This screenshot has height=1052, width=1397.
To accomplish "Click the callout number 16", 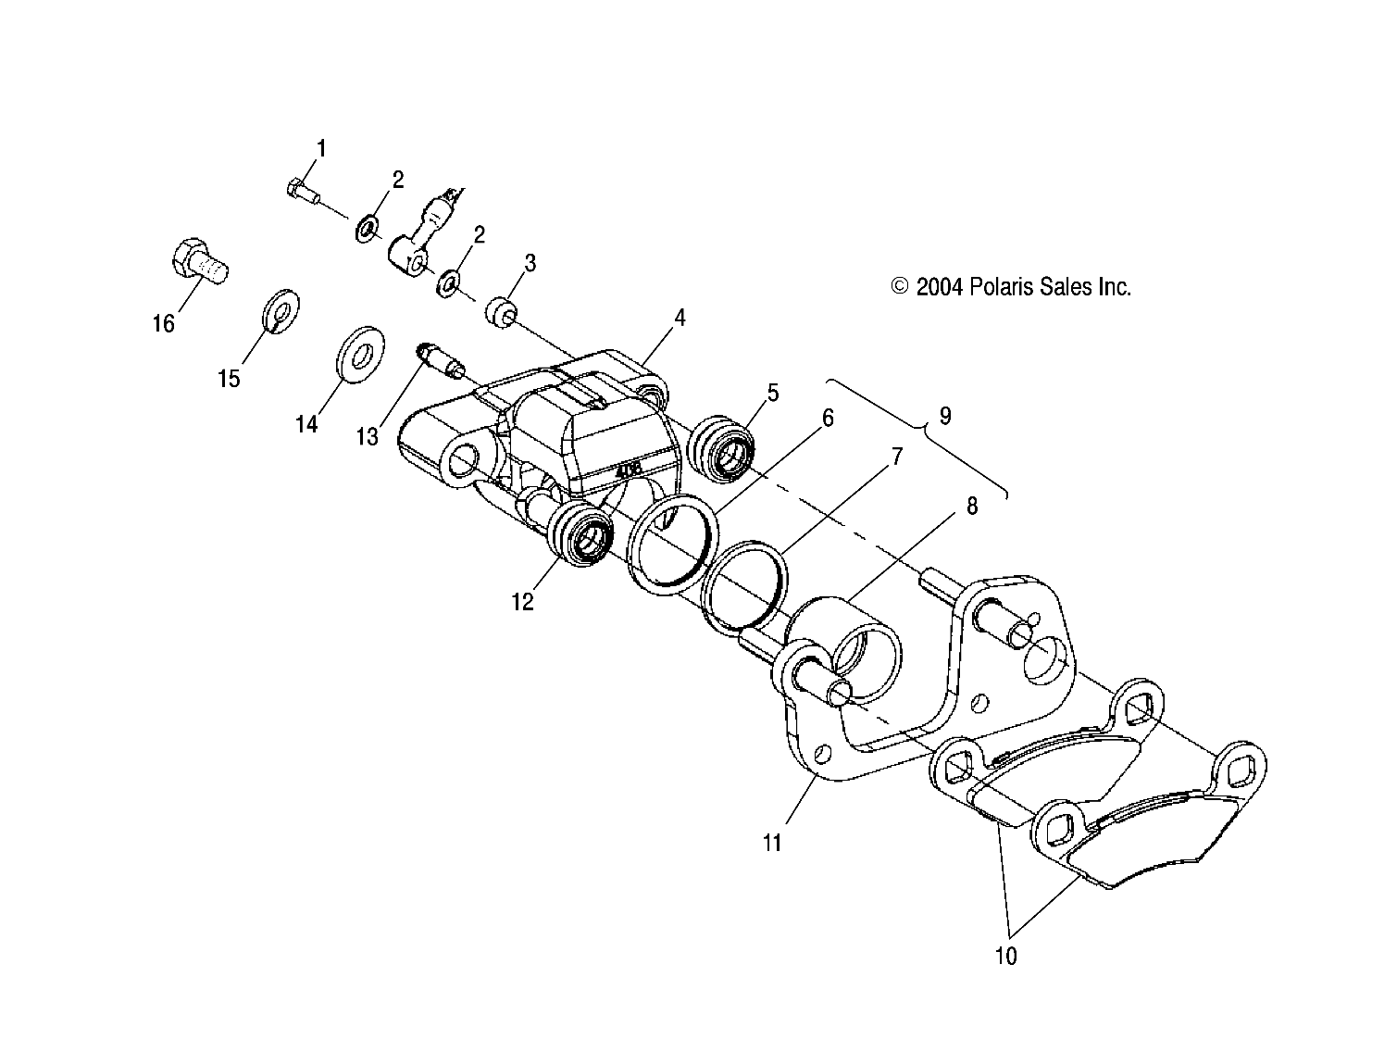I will tap(163, 324).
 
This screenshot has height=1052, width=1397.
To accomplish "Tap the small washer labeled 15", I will tap(279, 309).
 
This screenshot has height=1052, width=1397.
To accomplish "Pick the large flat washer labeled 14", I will tap(358, 353).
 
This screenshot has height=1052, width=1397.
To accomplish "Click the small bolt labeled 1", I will tap(301, 192).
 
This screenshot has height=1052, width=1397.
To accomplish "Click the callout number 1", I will tap(321, 148).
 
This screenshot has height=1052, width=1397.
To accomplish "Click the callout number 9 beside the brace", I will tap(944, 416).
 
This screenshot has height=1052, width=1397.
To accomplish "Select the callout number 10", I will tap(1005, 956).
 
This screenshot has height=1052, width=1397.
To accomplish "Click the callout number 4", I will tap(680, 318).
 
